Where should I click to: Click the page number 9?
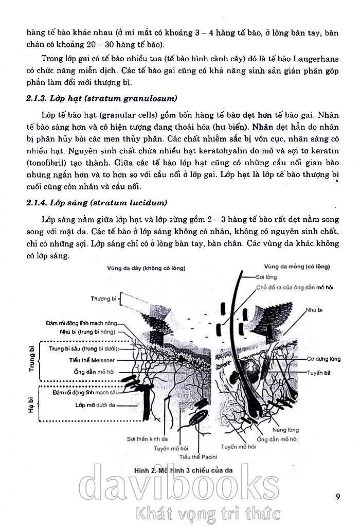click(337, 497)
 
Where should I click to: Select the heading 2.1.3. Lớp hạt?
click(102, 98)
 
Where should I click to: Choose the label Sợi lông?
click(266, 277)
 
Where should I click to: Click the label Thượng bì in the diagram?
click(103, 299)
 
